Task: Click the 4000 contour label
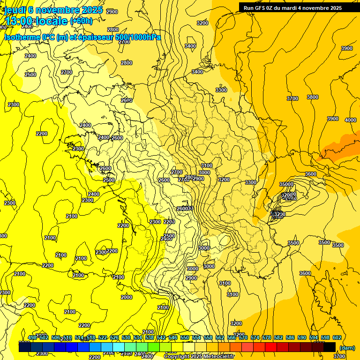click(x=350, y=120)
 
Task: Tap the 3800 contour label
click(x=312, y=97)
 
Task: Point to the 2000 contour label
click(x=127, y=297)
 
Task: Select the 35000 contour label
click(x=286, y=184)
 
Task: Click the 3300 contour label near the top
click(x=221, y=90)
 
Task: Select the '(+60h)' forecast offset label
click(x=81, y=21)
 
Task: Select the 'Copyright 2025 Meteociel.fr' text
click(x=199, y=357)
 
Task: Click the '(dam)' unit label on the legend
click(x=347, y=347)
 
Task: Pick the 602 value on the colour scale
click(x=337, y=337)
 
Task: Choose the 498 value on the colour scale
click(x=32, y=337)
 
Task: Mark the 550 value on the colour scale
click(x=185, y=337)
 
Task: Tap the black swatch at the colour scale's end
click(x=330, y=347)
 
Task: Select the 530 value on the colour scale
click(x=126, y=337)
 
